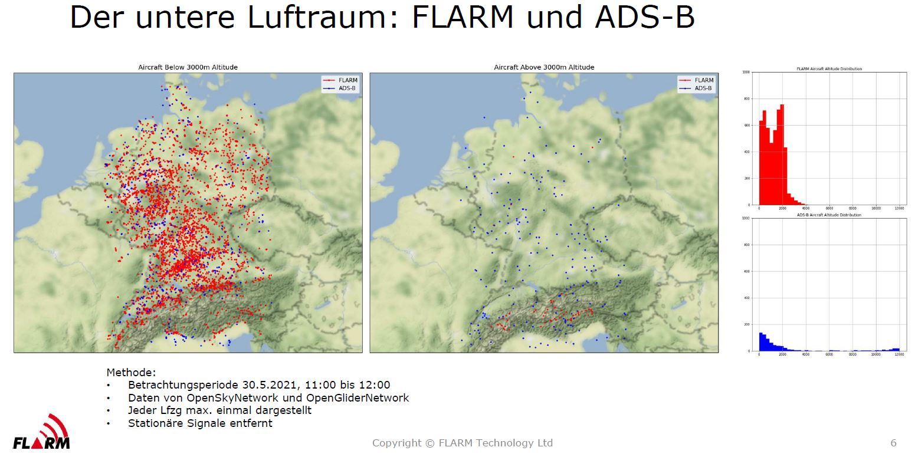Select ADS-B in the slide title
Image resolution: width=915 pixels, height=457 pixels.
[645, 18]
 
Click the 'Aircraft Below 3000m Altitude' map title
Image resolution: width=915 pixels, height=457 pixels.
[188, 67]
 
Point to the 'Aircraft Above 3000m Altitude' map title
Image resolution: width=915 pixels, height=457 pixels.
[544, 67]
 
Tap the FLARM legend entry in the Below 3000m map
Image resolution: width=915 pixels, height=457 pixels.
[347, 80]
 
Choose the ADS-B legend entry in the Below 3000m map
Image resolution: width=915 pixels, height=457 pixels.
[347, 88]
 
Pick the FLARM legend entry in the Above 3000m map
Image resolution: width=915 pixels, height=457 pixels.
[703, 80]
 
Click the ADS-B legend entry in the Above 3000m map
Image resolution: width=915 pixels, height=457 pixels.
[703, 88]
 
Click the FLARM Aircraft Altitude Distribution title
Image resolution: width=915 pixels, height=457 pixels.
[829, 69]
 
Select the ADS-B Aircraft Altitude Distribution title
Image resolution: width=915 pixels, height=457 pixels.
[829, 215]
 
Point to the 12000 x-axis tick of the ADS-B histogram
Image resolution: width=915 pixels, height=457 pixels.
[899, 355]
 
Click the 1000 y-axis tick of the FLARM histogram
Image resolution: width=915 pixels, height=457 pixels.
[746, 73]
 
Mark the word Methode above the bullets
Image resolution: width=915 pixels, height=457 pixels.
[131, 373]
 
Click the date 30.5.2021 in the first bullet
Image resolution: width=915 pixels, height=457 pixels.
[260, 385]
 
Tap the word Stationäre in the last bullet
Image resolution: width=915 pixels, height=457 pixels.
[155, 423]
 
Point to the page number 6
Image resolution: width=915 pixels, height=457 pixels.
[893, 443]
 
